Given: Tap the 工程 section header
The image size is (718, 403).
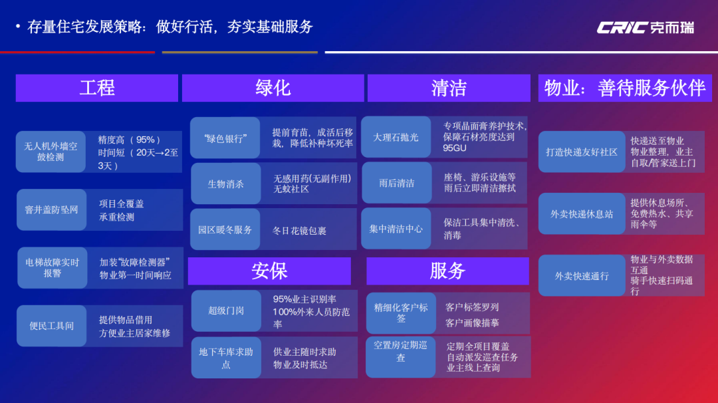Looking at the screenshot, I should coord(97,88).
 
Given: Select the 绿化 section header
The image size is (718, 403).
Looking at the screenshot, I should coord(273,88).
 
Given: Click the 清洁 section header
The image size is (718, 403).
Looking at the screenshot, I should coord(449,88).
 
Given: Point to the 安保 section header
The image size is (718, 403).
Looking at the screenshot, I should coord(269,271).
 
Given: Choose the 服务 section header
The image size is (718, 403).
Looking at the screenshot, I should coord(447,271).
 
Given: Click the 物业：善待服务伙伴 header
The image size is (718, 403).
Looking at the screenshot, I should coord(624,88).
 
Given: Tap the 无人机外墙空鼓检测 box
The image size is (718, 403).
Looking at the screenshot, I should coord(51,152).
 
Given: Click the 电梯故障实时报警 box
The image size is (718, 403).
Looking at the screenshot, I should coord(53,268).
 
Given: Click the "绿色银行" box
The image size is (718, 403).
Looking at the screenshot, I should coord(225,138).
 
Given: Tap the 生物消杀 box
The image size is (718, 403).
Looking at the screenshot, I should coord(225,184).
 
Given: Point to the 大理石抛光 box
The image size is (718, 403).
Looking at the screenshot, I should coord(396,138).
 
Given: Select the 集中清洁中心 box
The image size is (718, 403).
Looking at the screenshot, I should coord(396,229).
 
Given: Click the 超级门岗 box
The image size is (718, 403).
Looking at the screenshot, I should coord(226,311).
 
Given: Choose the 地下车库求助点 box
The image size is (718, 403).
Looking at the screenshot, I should coord(226,358).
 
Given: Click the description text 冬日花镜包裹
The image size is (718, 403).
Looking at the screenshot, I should coord(299,231).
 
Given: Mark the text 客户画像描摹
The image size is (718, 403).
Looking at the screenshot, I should coord(472,323).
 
